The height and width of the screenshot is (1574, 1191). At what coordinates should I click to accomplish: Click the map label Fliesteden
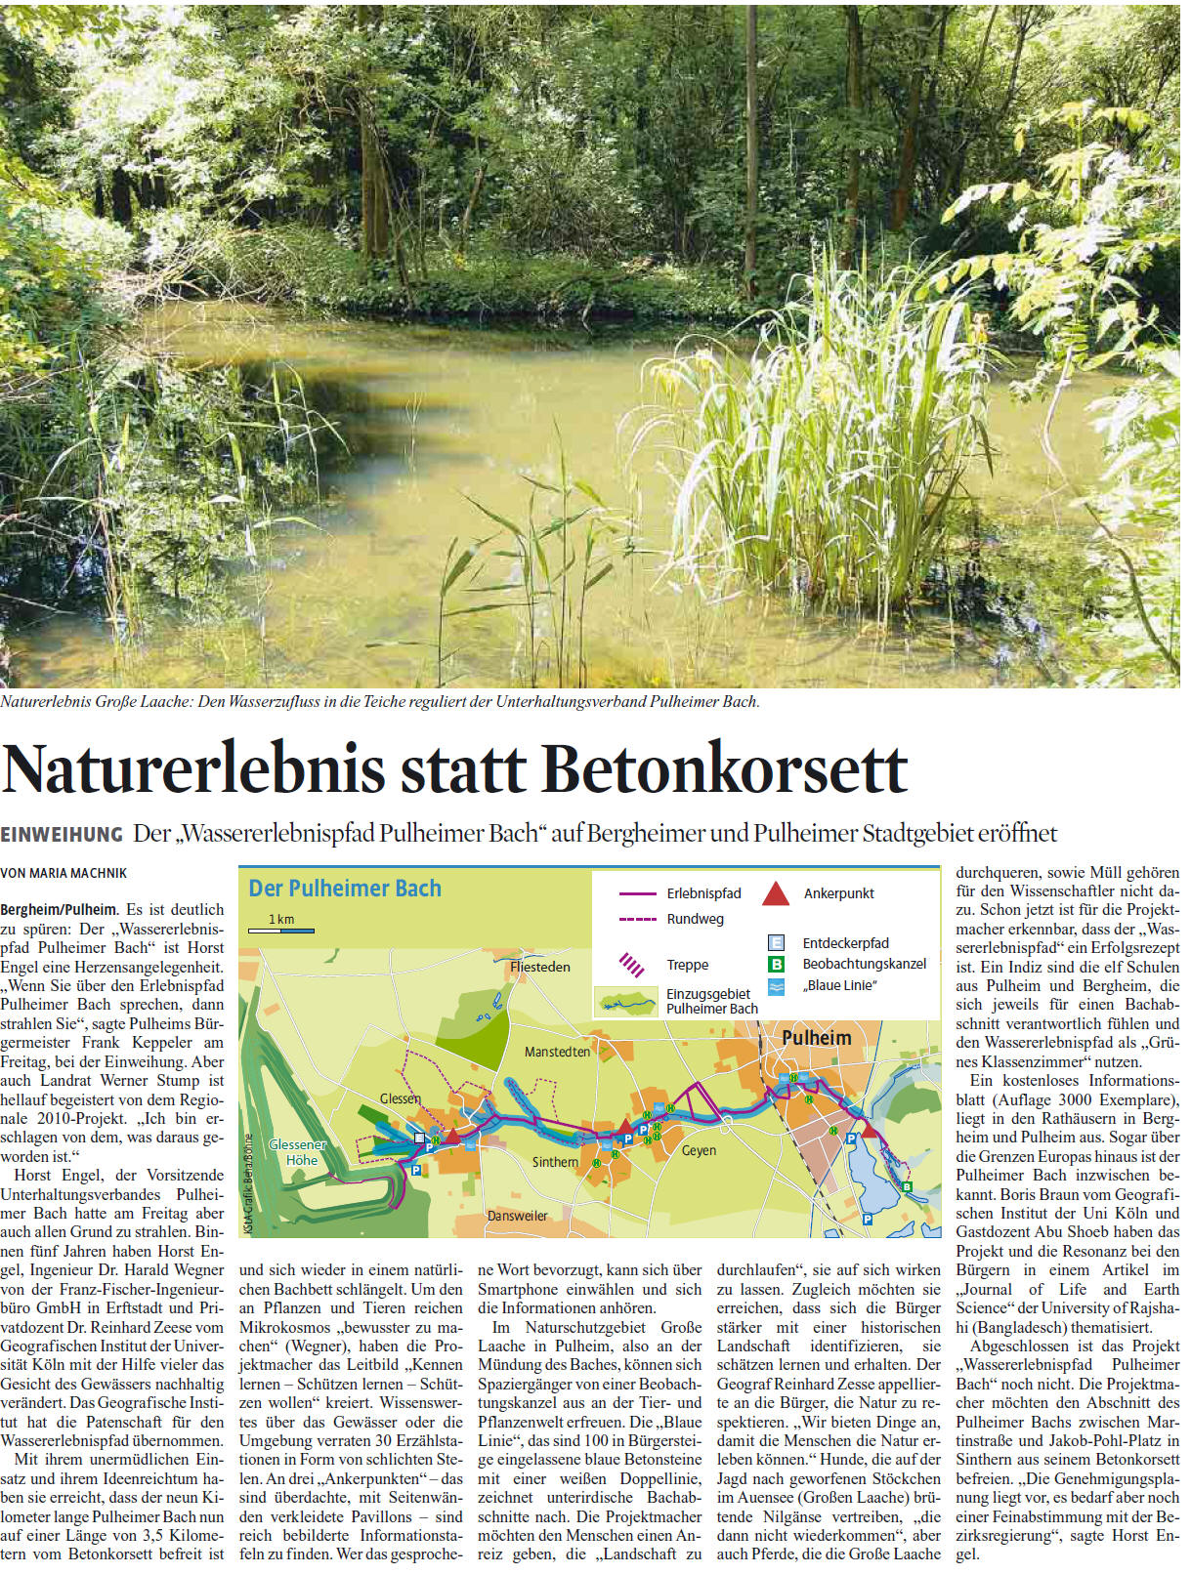point(539,967)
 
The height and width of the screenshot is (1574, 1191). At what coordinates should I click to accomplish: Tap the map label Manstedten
point(557,1052)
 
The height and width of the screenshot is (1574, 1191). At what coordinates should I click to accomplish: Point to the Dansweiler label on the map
point(517,1216)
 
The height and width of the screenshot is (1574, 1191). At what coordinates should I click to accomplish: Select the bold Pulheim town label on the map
point(816,1038)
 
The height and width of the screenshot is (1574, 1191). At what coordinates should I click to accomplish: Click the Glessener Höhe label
point(298,1152)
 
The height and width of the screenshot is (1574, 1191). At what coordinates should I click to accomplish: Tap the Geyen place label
point(699,1150)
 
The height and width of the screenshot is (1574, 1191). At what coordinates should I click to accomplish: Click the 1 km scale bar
point(281,931)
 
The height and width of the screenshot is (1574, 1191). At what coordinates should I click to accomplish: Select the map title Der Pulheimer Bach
point(345,889)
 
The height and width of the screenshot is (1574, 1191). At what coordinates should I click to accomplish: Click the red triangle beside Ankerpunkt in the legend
point(776,893)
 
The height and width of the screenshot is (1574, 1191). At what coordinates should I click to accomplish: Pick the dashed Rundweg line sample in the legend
point(637,919)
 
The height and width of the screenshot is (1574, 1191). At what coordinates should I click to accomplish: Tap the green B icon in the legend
point(777,964)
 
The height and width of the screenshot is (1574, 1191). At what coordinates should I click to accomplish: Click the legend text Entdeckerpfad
point(845,943)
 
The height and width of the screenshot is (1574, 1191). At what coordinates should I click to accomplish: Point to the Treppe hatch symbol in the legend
point(632,965)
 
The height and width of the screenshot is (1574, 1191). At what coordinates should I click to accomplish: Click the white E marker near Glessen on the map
point(420,1138)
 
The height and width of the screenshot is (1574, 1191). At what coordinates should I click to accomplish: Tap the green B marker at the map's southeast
point(907,1186)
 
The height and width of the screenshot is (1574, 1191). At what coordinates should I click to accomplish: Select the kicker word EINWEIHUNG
point(62,835)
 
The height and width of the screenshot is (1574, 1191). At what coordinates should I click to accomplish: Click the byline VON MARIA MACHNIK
point(64,873)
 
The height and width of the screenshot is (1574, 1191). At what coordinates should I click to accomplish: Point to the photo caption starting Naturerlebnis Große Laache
point(379,702)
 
